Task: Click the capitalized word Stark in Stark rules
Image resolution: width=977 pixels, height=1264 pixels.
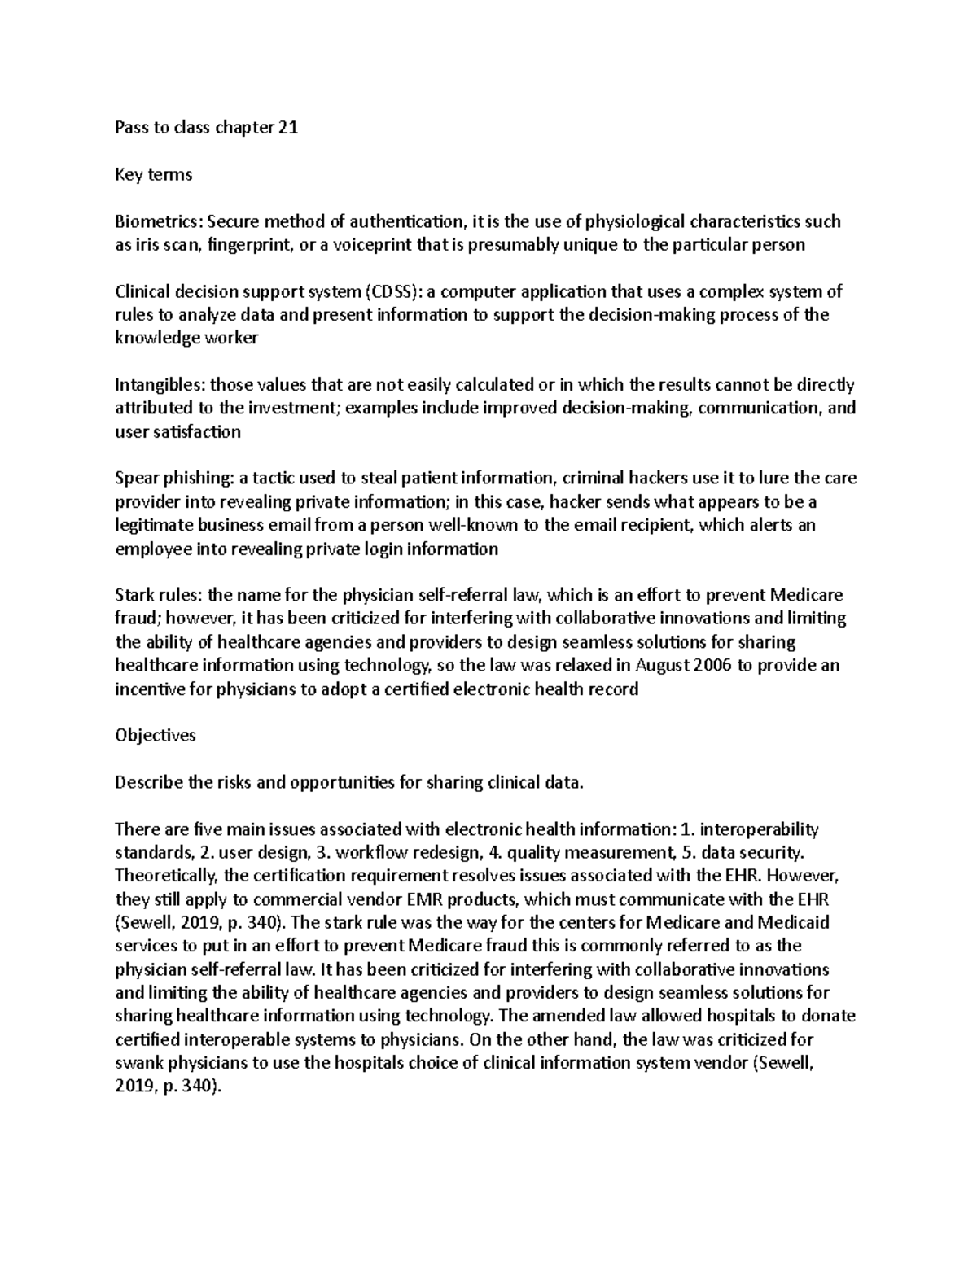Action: [134, 595]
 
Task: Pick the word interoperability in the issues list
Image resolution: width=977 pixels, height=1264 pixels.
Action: [760, 829]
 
